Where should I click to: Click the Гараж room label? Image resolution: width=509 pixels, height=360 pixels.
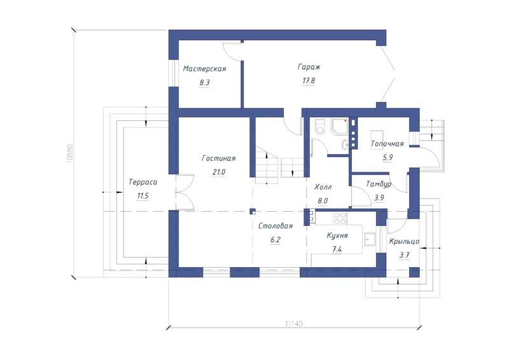(309, 67)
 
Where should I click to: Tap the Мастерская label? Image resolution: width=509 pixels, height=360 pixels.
(204, 69)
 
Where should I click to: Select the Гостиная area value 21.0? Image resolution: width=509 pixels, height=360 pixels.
(219, 172)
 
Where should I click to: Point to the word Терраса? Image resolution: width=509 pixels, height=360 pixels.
(143, 182)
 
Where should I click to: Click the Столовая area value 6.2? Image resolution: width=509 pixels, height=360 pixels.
(275, 240)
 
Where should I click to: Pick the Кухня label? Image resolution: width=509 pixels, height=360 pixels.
(337, 236)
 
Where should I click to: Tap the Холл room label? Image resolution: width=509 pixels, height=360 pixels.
(323, 187)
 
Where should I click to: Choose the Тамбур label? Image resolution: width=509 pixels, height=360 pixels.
(379, 184)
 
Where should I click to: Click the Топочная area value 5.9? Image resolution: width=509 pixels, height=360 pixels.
(387, 158)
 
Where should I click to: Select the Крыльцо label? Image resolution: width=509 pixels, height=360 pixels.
(404, 242)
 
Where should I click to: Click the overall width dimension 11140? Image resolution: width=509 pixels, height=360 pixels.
(294, 324)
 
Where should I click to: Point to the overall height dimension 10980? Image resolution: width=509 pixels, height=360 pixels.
(69, 153)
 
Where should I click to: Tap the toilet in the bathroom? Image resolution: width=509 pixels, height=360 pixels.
(321, 127)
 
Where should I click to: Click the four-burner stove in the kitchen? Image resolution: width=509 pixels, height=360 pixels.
(340, 218)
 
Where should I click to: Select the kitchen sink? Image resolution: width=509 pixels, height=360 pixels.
(369, 239)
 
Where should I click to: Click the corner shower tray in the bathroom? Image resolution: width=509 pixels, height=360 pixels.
(339, 127)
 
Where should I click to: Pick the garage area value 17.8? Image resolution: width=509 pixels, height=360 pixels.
(309, 81)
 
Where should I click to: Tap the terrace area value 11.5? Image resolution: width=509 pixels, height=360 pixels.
(143, 196)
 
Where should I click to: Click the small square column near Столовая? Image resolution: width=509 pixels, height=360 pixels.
(253, 212)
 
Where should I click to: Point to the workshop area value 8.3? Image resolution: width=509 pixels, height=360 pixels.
(204, 83)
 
